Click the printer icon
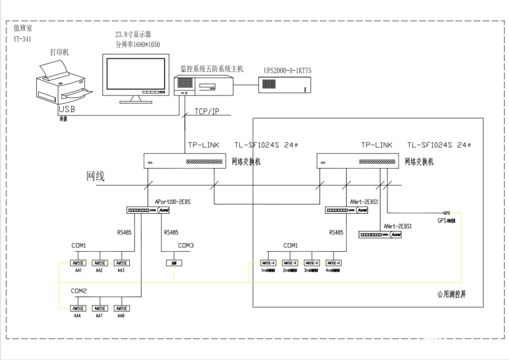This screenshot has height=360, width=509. [62, 86]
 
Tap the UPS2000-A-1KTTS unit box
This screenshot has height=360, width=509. [284, 85]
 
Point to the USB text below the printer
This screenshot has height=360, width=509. [66, 110]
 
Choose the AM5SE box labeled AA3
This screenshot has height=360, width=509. [122, 263]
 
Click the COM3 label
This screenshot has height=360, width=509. [186, 246]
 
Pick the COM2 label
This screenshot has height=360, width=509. [80, 291]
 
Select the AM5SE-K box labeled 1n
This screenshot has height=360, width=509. [268, 263]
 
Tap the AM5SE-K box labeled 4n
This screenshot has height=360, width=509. [333, 263]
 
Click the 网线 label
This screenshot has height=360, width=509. [95, 176]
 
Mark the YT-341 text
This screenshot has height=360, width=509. [22, 39]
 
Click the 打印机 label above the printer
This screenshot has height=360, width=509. [59, 50]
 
